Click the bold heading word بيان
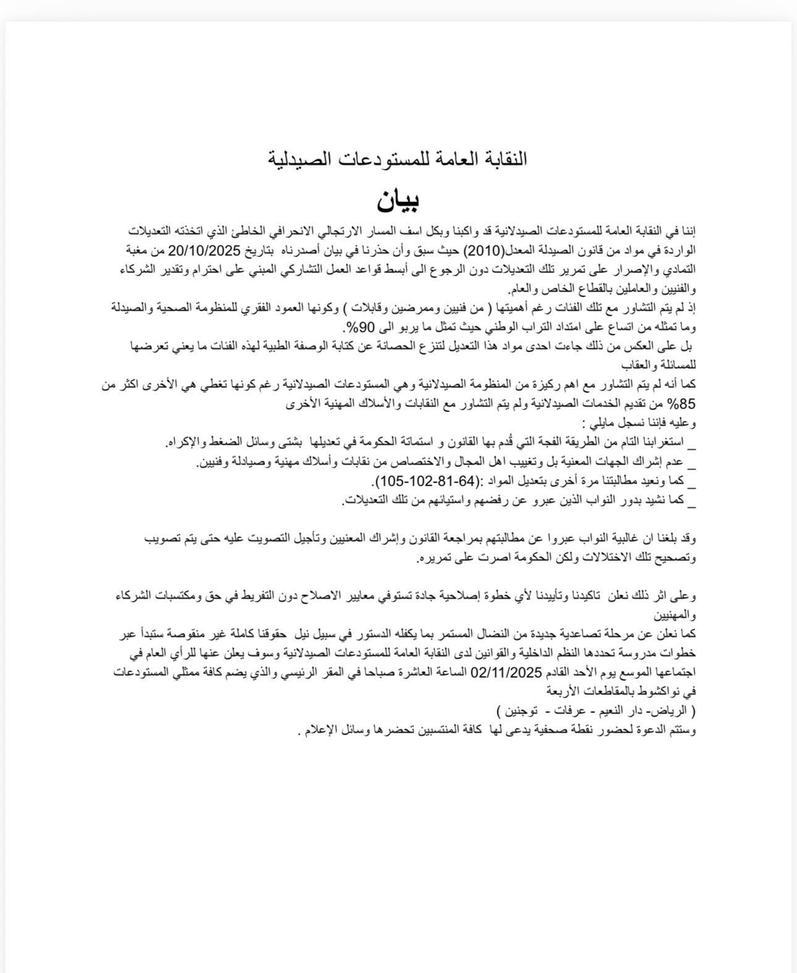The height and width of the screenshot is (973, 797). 399,199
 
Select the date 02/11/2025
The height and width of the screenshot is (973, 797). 506,672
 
